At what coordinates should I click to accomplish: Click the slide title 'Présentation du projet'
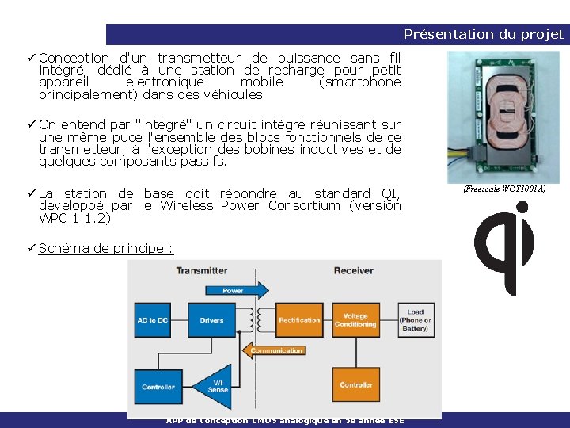pos(483,34)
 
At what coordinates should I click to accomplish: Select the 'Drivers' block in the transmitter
pos(211,320)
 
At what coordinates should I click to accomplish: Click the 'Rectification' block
pos(298,320)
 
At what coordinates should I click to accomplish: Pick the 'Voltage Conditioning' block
pos(355,320)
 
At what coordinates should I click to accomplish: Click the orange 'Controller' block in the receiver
pos(355,384)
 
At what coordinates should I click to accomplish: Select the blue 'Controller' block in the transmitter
pos(158,386)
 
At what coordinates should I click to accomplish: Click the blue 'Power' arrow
pos(234,291)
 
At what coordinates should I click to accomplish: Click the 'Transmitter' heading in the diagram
pos(202,270)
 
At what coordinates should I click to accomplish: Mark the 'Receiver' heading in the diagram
pos(354,270)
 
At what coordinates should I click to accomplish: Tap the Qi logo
pos(503,247)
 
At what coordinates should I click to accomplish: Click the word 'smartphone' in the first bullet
pos(359,82)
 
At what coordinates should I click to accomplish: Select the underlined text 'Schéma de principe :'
pos(106,248)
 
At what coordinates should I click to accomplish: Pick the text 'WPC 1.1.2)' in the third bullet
pos(74,218)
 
